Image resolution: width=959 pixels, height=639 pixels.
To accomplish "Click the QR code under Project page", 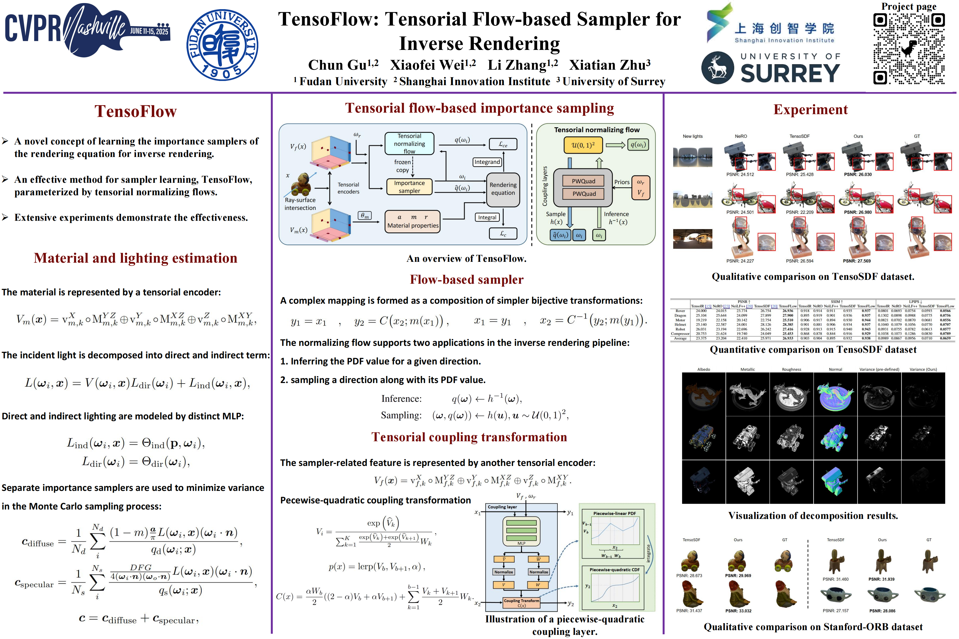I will (x=908, y=49).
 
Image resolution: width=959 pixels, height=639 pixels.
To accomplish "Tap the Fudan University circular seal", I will (x=222, y=45).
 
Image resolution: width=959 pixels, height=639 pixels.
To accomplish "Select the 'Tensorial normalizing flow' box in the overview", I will (x=409, y=143).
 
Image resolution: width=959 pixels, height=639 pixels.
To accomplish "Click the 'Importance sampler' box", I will (x=409, y=187).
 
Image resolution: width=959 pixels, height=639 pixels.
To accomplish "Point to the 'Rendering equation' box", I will (x=503, y=189).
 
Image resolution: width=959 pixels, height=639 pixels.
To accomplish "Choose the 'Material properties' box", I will (x=413, y=221).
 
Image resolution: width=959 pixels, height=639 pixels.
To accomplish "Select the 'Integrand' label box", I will (x=487, y=162).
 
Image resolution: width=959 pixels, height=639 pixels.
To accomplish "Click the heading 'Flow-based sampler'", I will (x=466, y=280).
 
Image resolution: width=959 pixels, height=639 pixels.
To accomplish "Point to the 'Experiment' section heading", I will (x=810, y=110).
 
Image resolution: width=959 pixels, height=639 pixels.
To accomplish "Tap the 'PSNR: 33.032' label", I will (x=738, y=611).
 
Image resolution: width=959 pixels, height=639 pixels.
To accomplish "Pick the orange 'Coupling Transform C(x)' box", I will (x=521, y=603).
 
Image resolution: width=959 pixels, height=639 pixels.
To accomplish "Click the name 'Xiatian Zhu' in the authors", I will (x=610, y=65).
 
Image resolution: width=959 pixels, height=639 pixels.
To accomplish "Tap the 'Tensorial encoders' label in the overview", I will (x=348, y=188).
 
